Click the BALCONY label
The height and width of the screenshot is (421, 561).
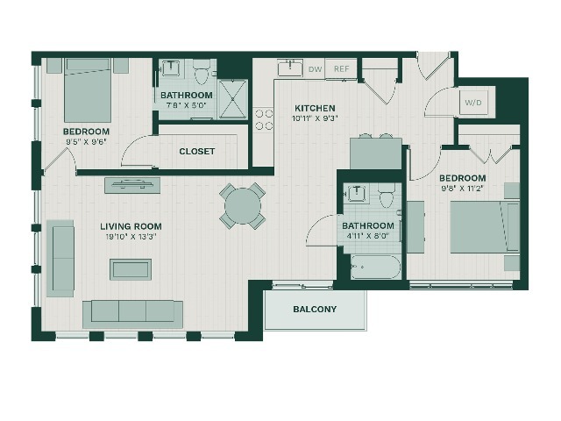(x=315, y=309)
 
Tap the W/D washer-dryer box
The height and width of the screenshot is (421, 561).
(x=473, y=103)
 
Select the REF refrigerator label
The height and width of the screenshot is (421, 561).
(x=341, y=68)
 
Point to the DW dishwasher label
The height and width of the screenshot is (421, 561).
(x=316, y=69)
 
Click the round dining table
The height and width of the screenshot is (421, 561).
(x=243, y=206)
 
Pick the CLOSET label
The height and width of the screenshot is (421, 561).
(x=196, y=152)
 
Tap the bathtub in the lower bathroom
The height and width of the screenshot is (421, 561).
(x=376, y=267)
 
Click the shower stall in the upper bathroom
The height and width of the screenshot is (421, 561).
(x=233, y=99)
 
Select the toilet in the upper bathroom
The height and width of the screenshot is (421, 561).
(x=201, y=72)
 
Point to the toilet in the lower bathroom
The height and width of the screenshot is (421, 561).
(x=387, y=196)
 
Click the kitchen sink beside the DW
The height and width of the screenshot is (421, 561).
(x=290, y=68)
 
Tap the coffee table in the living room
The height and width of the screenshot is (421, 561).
(x=131, y=269)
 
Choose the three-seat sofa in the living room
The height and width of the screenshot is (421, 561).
(x=132, y=314)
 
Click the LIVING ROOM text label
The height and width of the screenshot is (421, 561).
(x=131, y=226)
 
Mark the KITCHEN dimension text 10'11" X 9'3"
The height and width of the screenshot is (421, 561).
(x=316, y=118)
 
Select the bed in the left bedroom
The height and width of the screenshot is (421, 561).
(x=88, y=90)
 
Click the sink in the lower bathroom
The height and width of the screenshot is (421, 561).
(x=357, y=194)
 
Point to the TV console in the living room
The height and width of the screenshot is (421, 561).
(x=132, y=185)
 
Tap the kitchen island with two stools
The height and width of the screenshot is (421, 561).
(x=376, y=153)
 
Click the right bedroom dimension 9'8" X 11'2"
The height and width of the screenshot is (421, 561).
(x=463, y=188)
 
